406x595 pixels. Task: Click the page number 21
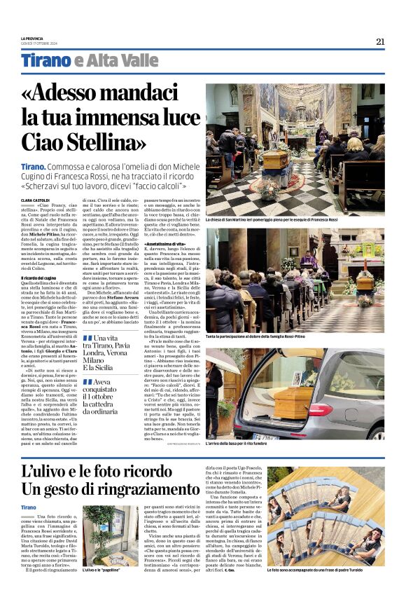[x=380, y=41]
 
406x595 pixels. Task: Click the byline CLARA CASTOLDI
[x=36, y=200]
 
